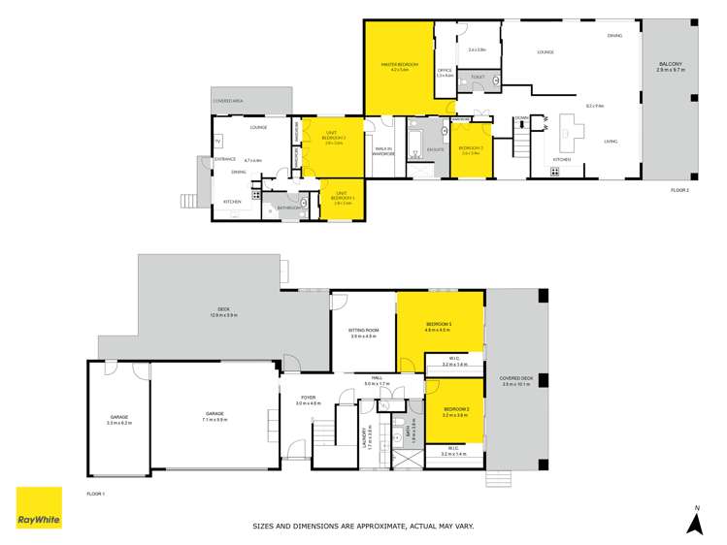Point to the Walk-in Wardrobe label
tap(382, 151)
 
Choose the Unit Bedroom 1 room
tap(343, 199)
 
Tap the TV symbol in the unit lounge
tap(217, 140)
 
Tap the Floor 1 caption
tap(95, 495)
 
